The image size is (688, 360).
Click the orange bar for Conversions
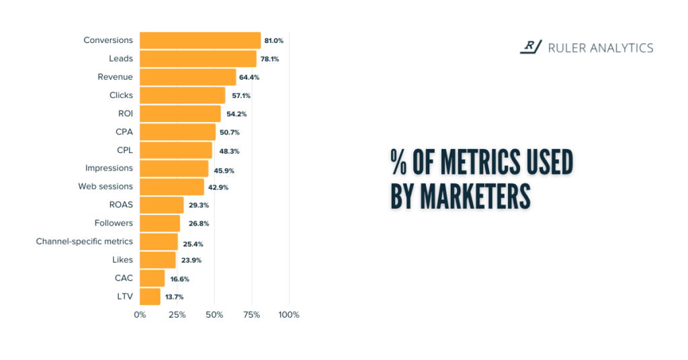click(200, 40)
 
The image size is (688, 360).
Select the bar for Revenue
click(188, 77)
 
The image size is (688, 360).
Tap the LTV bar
click(150, 296)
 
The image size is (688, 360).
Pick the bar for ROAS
click(162, 205)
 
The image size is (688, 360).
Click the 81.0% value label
click(273, 41)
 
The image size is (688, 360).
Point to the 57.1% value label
click(241, 96)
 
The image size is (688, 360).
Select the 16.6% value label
click(177, 279)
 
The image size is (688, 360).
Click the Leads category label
click(121, 58)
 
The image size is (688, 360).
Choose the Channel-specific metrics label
click(84, 241)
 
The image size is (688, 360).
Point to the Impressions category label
click(109, 168)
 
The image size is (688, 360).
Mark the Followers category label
click(114, 223)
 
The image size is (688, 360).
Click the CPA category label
click(124, 132)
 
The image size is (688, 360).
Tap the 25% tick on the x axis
click(177, 314)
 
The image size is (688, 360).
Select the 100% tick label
click(289, 314)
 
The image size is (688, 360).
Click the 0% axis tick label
click(140, 314)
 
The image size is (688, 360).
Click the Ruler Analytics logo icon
click(531, 47)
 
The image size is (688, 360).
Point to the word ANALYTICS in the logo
click(619, 48)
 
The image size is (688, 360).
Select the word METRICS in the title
click(477, 162)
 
